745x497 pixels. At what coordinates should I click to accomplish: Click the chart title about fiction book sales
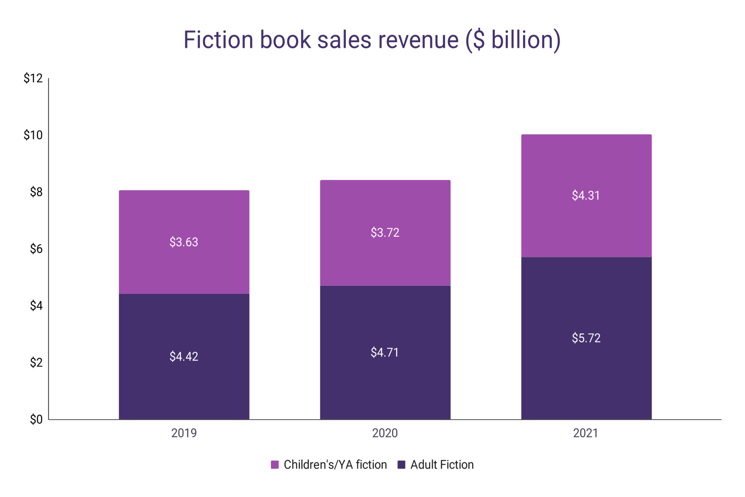372,40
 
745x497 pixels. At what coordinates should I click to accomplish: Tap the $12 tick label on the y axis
33,78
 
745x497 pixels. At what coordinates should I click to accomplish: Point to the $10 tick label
33,135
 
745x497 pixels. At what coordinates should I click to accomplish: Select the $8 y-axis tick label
36,192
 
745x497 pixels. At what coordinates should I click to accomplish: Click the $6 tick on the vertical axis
36,249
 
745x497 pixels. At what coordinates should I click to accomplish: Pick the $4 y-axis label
36,305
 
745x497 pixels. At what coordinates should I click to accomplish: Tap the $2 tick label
36,362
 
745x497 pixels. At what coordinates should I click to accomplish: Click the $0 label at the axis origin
36,419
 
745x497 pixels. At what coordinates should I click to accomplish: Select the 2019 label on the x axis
184,433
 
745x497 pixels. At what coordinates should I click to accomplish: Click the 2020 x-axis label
385,433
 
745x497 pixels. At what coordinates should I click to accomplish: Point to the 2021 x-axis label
586,433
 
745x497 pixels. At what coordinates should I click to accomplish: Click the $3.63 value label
184,242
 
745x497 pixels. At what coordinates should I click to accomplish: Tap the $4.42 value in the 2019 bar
184,356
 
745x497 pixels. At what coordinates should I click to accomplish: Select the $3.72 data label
385,233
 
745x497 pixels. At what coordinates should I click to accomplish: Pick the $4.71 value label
385,352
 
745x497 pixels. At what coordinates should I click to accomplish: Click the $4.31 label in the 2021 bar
586,196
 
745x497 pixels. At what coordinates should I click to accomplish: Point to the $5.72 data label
586,338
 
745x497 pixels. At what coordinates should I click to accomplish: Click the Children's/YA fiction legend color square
275,465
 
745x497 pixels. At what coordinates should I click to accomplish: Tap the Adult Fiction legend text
442,465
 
